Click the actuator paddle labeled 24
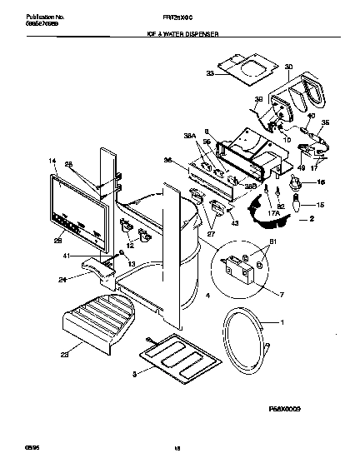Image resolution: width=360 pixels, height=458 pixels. pyautogui.click(x=98, y=269)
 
